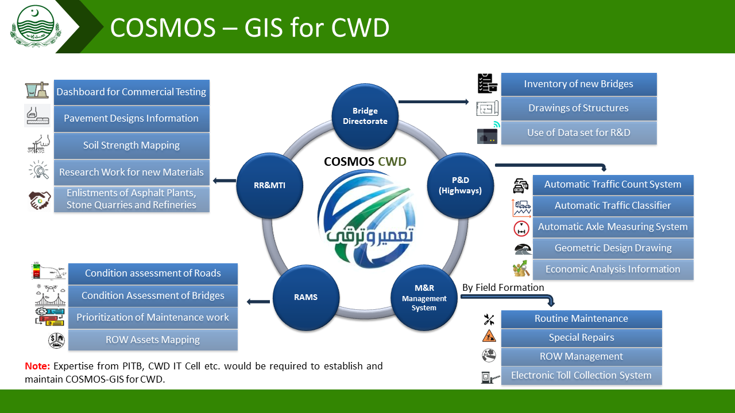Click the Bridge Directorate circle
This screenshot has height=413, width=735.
click(x=365, y=116)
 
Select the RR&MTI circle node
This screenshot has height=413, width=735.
click(x=269, y=185)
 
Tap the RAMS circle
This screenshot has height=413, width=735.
click(x=305, y=297)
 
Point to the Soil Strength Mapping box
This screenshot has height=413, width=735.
click(x=131, y=146)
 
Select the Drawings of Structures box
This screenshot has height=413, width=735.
click(x=578, y=108)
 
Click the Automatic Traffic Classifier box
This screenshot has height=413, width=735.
click(x=613, y=206)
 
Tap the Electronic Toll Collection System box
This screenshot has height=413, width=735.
click(x=581, y=376)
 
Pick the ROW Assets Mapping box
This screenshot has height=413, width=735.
click(x=153, y=340)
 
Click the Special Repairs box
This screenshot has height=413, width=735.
click(x=581, y=338)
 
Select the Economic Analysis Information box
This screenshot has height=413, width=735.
click(x=613, y=270)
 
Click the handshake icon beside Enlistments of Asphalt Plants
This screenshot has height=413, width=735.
click(x=40, y=200)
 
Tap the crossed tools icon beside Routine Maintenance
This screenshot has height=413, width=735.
click(x=489, y=320)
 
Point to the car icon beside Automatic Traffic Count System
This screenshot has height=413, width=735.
click(x=521, y=185)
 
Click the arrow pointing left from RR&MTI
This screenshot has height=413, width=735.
click(x=224, y=181)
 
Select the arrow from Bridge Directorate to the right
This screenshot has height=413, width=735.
click(x=434, y=102)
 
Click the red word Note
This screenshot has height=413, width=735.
click(x=37, y=367)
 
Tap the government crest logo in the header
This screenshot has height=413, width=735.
click(x=33, y=26)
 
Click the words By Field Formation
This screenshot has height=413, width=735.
click(x=503, y=287)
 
